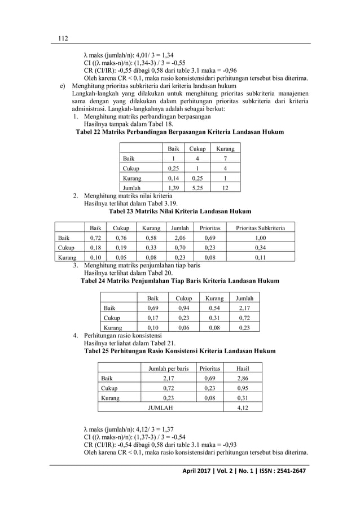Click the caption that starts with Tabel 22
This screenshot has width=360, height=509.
click(179, 132)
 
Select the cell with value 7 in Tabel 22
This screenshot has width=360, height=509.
click(225, 159)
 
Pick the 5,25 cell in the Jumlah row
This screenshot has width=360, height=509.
click(197, 187)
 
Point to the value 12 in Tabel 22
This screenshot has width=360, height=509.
click(225, 187)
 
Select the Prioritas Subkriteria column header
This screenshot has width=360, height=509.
click(260, 228)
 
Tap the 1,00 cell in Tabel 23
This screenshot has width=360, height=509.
click(260, 238)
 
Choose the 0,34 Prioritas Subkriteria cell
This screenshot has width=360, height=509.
click(260, 248)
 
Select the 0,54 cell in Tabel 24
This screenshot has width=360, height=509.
click(214, 308)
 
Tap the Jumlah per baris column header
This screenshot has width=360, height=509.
click(168, 368)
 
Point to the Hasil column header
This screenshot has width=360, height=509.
click(243, 368)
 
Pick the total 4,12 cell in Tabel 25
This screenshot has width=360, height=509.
click(243, 407)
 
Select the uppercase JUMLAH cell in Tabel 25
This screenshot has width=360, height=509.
click(160, 407)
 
